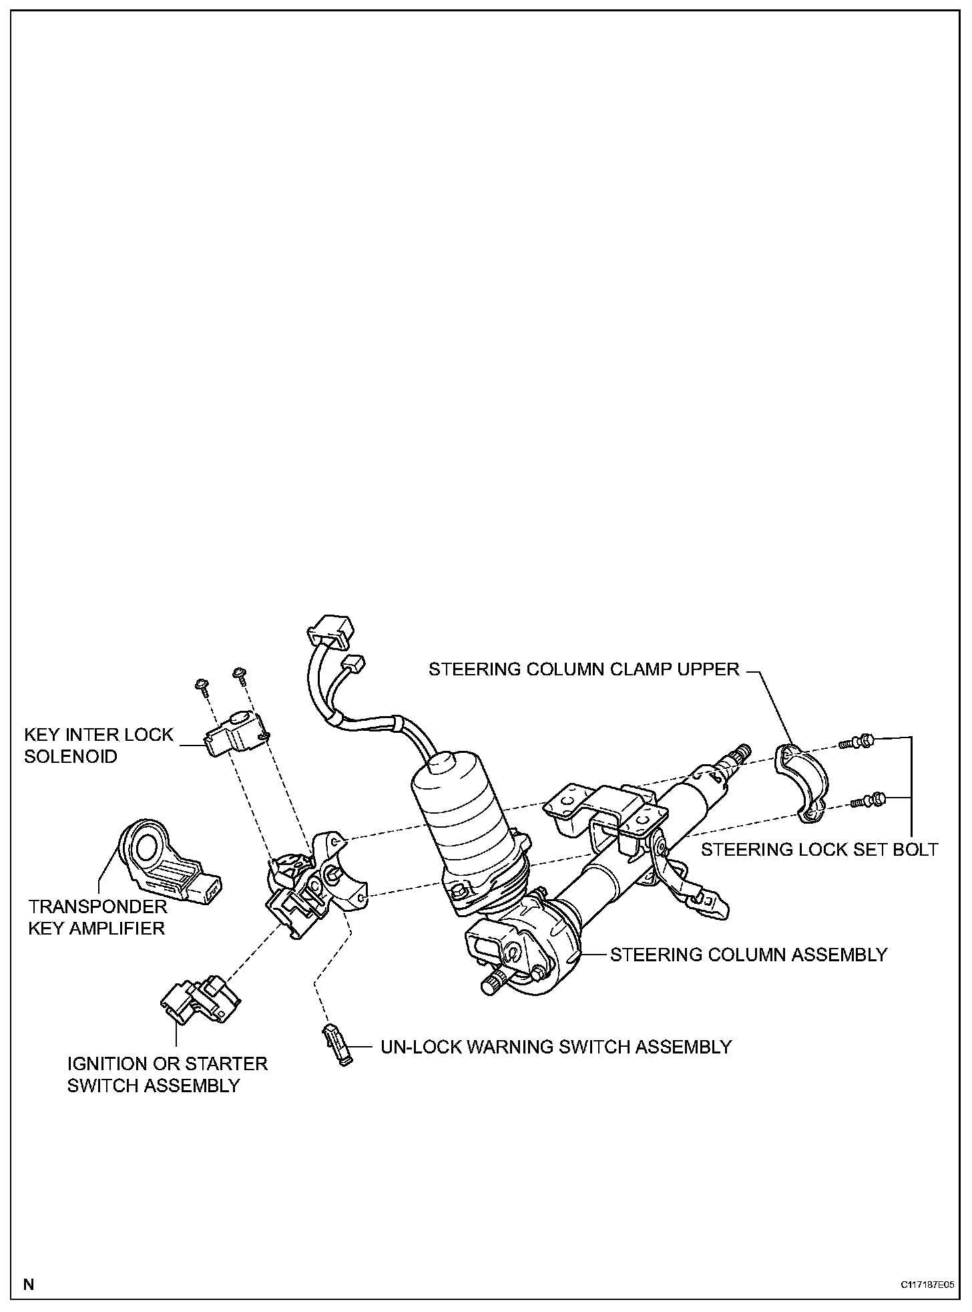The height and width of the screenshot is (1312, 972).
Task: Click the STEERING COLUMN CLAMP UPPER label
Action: tap(584, 669)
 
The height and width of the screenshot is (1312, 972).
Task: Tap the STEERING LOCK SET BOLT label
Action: tap(819, 849)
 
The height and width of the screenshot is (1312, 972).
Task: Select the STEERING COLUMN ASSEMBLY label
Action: tap(748, 954)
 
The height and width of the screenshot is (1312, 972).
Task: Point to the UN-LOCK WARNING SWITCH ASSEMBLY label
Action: tap(556, 1046)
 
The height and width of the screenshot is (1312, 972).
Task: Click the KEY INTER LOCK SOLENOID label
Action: tap(98, 746)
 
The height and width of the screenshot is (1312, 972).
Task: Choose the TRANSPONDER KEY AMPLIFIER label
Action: tap(97, 917)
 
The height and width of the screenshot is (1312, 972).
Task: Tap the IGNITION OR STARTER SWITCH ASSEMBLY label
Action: tap(167, 1074)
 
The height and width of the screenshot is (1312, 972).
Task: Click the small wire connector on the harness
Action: tap(352, 665)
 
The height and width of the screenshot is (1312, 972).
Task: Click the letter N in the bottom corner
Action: tap(29, 1284)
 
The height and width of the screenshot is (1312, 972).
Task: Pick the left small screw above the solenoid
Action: tap(200, 683)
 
